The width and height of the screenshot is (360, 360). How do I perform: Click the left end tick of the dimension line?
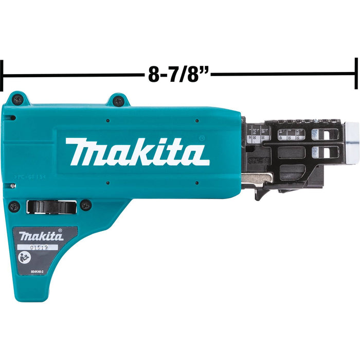[x=3, y=75]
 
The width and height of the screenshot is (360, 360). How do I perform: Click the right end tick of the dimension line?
[x=356, y=73]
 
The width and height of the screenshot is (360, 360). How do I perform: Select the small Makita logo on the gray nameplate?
[x=42, y=236]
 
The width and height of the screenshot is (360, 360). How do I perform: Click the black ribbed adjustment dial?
[x=51, y=207]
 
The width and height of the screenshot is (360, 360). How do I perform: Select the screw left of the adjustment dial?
[x=14, y=206]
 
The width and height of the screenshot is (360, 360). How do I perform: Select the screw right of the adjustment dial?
[x=85, y=205]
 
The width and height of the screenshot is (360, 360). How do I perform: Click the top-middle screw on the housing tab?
[x=118, y=101]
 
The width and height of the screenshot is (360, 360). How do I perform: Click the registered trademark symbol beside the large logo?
[x=201, y=138]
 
